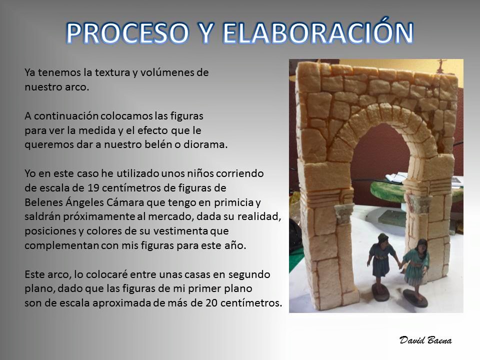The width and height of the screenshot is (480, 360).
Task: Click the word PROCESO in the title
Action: click(127, 33)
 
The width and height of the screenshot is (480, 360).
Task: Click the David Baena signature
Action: click(425, 340)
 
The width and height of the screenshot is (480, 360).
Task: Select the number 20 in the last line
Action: click(211, 303)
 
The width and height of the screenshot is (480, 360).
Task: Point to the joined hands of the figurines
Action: click(400, 265)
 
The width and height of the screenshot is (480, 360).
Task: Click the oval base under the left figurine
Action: click(380, 291)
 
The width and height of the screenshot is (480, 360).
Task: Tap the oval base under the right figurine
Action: click(415, 299)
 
